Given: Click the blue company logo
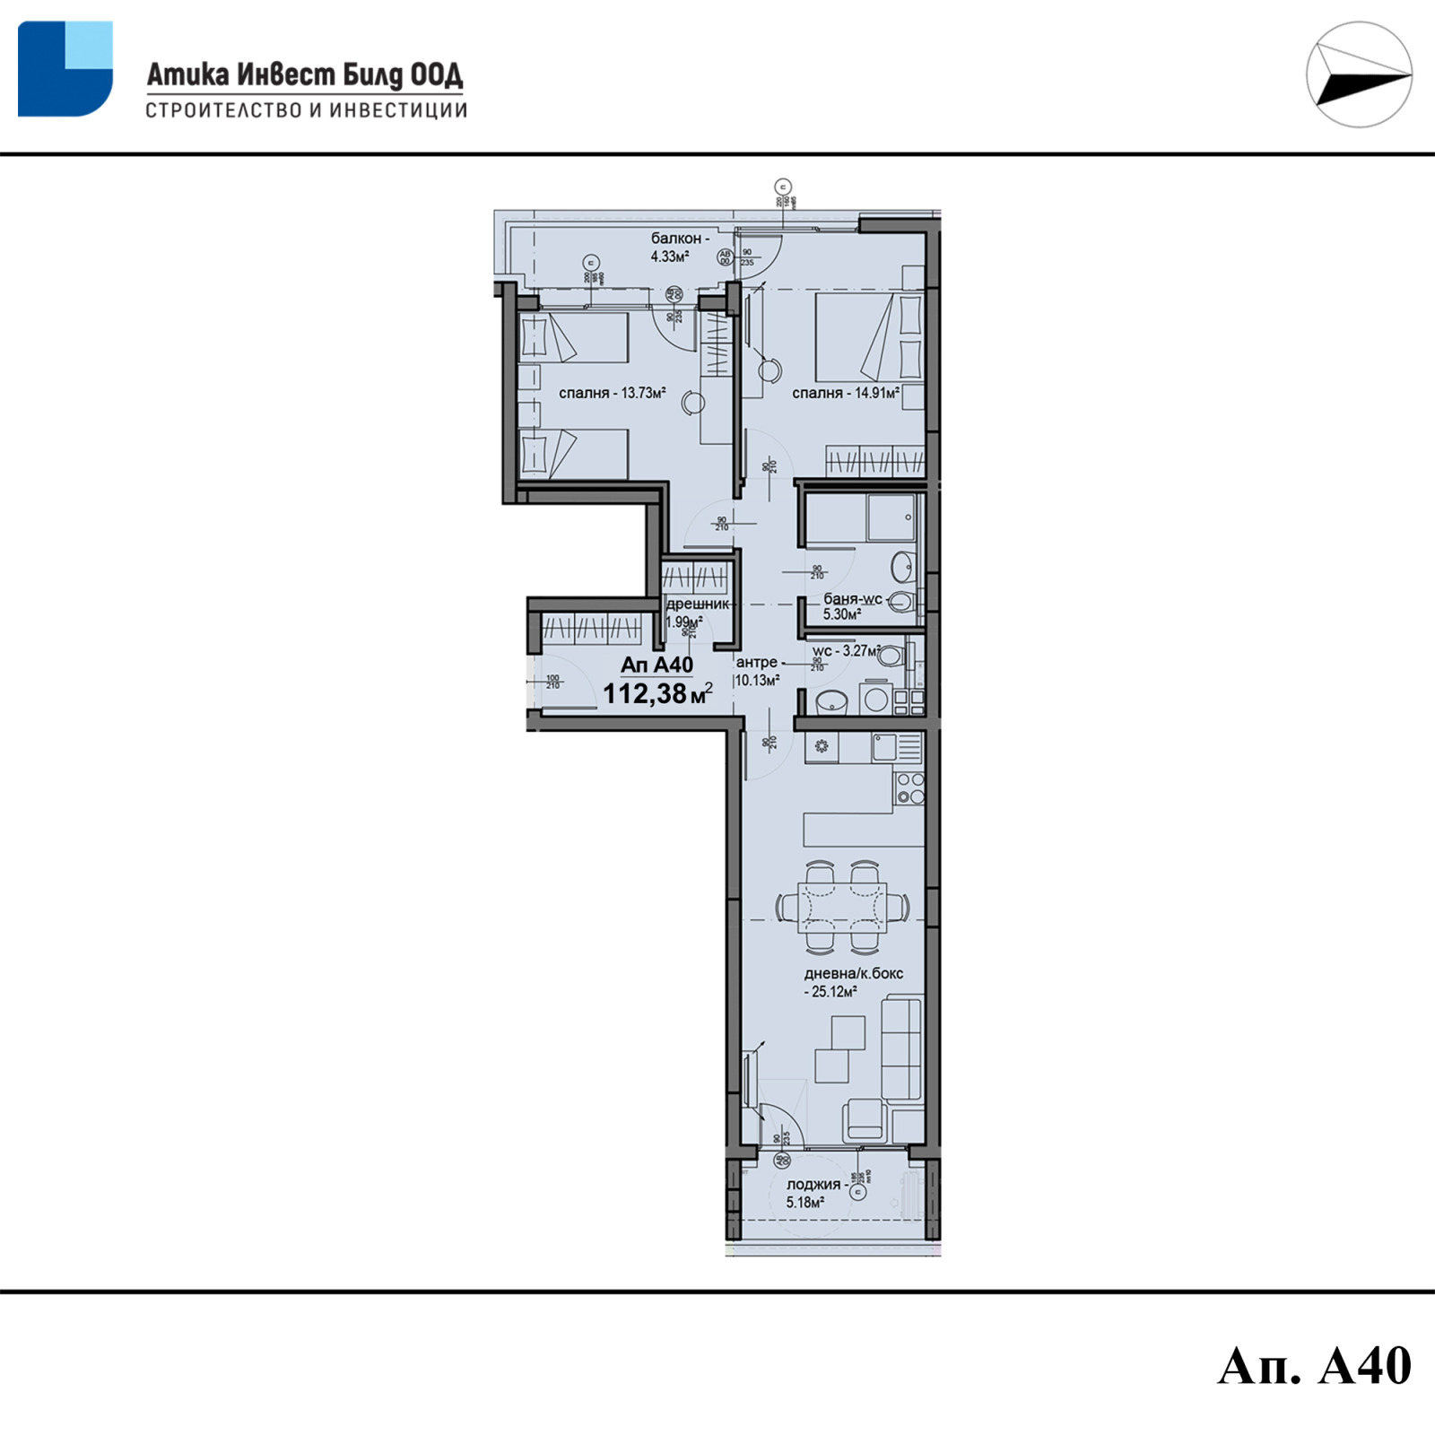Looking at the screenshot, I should click(x=65, y=69).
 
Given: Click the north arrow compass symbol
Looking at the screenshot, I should click(x=1358, y=74).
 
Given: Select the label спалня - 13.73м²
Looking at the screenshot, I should click(x=612, y=393).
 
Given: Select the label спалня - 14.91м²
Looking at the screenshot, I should click(x=845, y=393).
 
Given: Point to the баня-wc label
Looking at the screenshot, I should click(x=853, y=599).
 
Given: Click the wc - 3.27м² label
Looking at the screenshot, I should click(x=845, y=651).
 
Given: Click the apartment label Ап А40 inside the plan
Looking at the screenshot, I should click(x=657, y=665).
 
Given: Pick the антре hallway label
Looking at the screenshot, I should click(x=756, y=662).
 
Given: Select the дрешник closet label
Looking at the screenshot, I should click(x=697, y=604).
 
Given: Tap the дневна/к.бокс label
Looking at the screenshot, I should click(x=853, y=973).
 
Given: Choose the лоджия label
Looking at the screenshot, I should click(x=813, y=1185).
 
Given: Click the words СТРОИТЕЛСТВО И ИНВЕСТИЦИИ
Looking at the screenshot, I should click(x=306, y=111).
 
